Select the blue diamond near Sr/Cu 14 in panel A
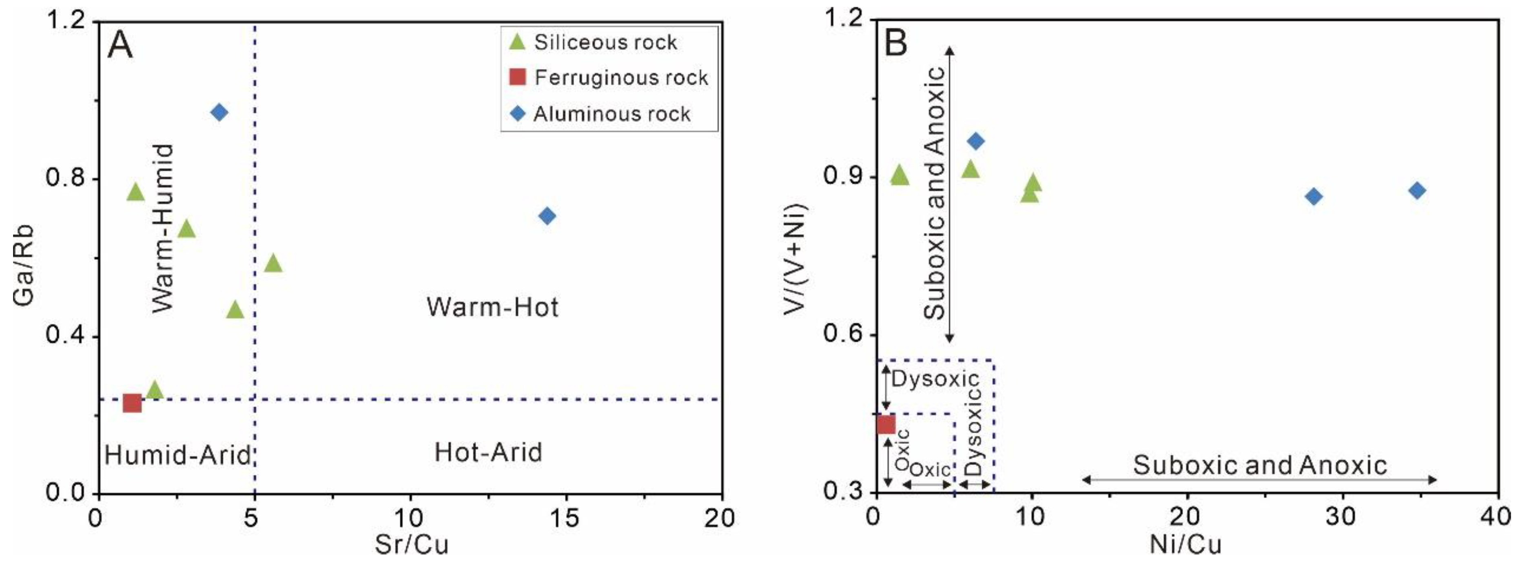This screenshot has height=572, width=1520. point(547,216)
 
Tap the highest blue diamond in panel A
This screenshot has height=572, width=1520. point(219,112)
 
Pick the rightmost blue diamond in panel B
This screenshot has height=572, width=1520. point(1417,191)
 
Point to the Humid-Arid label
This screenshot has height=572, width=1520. point(177,455)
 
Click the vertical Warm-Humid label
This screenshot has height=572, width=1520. point(162,228)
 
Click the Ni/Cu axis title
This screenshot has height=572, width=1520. point(1185,544)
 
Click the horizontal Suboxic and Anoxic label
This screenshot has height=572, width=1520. point(1260,466)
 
